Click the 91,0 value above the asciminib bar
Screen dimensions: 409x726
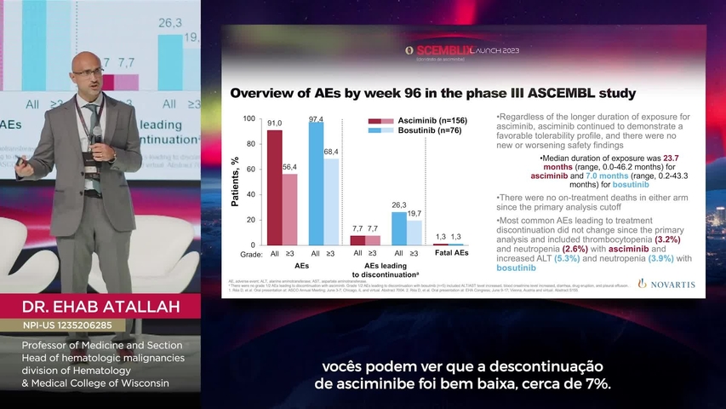[274, 124]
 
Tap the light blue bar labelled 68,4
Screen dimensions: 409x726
[331, 202]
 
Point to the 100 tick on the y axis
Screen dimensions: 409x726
[249, 118]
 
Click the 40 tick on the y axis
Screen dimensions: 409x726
[250, 194]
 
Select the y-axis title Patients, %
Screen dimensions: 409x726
[236, 181]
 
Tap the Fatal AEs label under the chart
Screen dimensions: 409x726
[452, 254]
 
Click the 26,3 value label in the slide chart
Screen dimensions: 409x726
[398, 204]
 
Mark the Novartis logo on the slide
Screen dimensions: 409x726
[666, 284]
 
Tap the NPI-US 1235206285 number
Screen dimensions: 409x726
[73, 325]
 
